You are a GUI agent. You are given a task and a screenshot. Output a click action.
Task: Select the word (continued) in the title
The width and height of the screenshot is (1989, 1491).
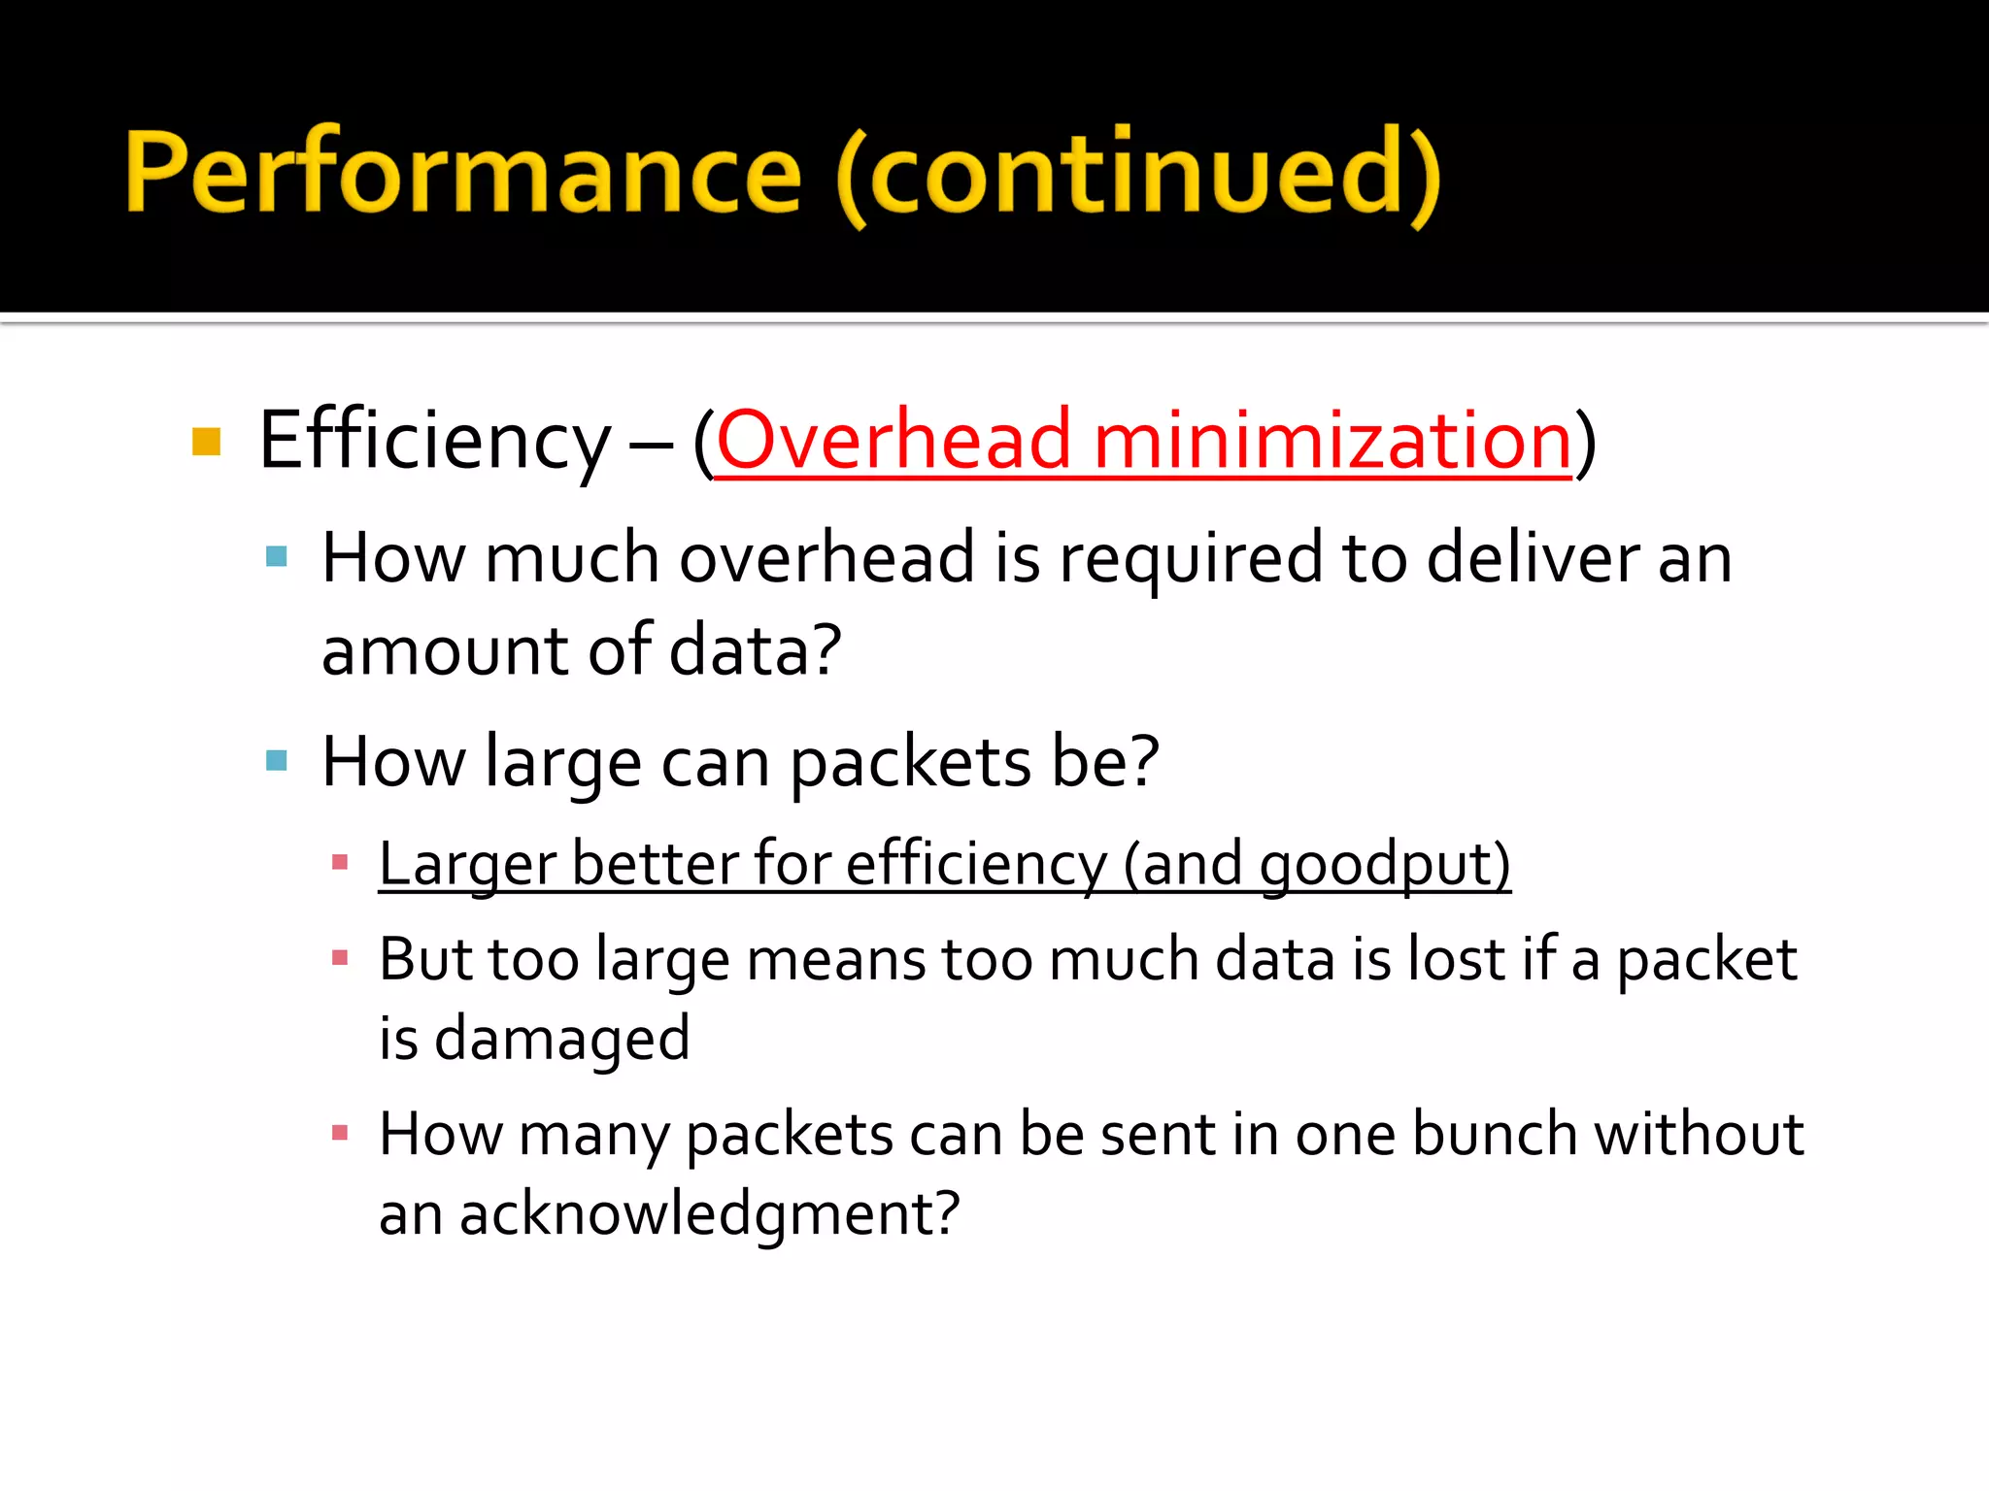(1137, 175)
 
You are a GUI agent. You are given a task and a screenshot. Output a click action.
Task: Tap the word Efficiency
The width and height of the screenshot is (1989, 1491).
(434, 442)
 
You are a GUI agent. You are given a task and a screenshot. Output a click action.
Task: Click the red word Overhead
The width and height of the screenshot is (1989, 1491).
(893, 442)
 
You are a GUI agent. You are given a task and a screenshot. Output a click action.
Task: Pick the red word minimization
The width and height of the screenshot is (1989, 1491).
(1332, 442)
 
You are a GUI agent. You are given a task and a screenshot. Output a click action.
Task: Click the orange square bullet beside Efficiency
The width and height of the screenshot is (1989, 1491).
(207, 442)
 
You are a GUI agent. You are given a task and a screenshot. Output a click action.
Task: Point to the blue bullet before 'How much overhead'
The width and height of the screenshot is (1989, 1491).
(277, 556)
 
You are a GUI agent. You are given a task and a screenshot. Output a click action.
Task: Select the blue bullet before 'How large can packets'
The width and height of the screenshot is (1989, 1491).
(277, 760)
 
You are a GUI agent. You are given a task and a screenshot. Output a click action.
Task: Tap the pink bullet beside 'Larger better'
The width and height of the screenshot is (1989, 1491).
(340, 862)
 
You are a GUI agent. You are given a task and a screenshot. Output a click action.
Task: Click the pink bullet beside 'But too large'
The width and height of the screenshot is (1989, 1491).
(340, 959)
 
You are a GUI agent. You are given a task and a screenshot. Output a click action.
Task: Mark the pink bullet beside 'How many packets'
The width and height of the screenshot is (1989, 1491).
(340, 1133)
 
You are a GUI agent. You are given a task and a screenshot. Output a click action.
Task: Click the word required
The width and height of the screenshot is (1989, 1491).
(1191, 561)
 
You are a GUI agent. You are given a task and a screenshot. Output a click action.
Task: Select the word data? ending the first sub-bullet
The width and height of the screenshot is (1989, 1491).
(755, 649)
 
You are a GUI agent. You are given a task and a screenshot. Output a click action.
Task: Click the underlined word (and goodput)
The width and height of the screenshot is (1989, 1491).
(1317, 864)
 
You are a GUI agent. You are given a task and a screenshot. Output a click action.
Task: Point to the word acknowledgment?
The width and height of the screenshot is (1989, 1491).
(710, 1215)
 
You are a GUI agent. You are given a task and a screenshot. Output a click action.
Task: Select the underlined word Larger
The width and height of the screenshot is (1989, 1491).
(466, 864)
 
